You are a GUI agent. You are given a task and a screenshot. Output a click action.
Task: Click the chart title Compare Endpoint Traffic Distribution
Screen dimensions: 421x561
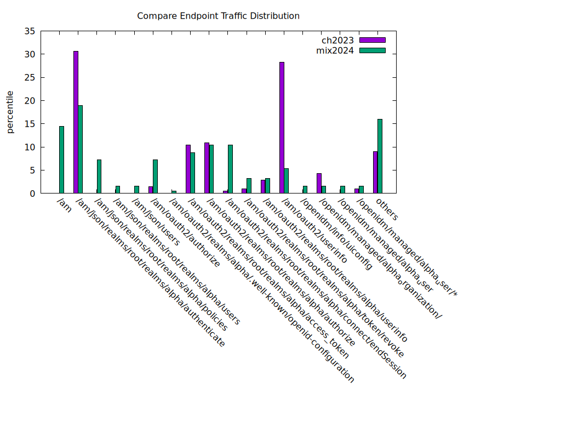tap(218, 16)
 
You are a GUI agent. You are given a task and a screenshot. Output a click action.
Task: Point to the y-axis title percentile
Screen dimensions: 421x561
tap(10, 112)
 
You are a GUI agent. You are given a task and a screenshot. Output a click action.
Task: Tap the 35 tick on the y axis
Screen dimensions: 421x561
tap(30, 31)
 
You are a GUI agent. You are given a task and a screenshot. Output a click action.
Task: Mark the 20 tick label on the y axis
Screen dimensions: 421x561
tap(30, 101)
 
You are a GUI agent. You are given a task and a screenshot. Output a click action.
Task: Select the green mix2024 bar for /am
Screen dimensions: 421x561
tap(62, 160)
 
